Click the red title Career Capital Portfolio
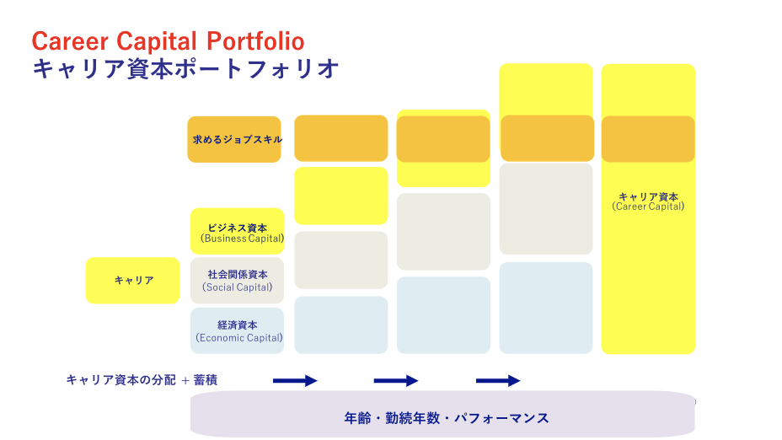pyautogui.click(x=168, y=41)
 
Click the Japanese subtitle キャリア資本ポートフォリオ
pyautogui.click(x=185, y=68)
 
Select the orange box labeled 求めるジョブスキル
pyautogui.click(x=234, y=140)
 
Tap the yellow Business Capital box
pyautogui.click(x=238, y=232)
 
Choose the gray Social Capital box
pyautogui.click(x=238, y=281)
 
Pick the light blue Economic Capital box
pyautogui.click(x=238, y=330)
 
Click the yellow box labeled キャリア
pyautogui.click(x=132, y=281)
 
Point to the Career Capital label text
pyautogui.click(x=648, y=201)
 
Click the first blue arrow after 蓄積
pyautogui.click(x=295, y=381)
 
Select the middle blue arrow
pyautogui.click(x=396, y=381)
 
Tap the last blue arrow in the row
pyautogui.click(x=498, y=381)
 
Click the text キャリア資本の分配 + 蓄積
pyautogui.click(x=142, y=380)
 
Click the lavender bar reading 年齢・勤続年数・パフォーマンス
pyautogui.click(x=443, y=414)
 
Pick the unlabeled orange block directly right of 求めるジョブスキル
pyautogui.click(x=341, y=139)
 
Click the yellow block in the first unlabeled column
pyautogui.click(x=341, y=196)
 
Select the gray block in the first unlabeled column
pyautogui.click(x=341, y=260)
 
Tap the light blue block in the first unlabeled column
pyautogui.click(x=341, y=325)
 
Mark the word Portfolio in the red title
pyautogui.click(x=255, y=41)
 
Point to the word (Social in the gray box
pyautogui.click(x=218, y=287)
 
